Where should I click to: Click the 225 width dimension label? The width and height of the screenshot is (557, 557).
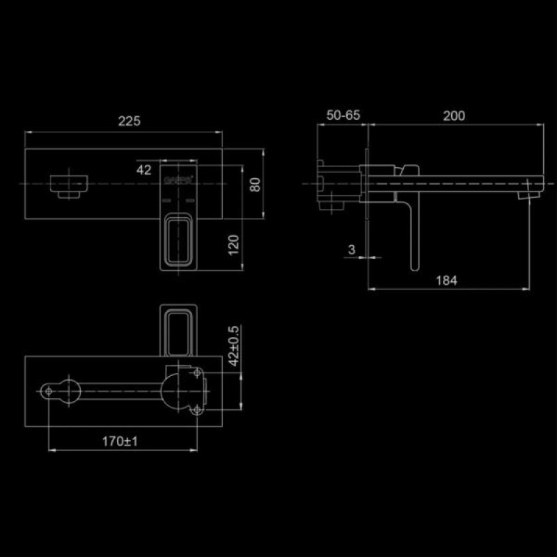pos(129,120)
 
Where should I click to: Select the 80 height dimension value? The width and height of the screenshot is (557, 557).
pos(255,185)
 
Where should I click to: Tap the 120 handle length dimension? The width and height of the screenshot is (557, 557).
pos(234,244)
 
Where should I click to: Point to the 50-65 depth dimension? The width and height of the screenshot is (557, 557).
pos(343,116)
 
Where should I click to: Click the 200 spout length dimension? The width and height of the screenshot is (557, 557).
pos(454,116)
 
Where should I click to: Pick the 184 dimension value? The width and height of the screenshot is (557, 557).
pos(446,281)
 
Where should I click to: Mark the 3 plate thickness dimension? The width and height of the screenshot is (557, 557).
pos(352,249)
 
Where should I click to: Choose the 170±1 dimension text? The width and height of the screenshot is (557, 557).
pos(119,441)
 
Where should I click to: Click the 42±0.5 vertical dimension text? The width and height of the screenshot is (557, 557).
pos(234,345)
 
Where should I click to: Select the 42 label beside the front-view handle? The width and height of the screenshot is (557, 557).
pos(144,169)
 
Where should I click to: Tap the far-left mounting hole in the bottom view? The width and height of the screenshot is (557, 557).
pos(49,392)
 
